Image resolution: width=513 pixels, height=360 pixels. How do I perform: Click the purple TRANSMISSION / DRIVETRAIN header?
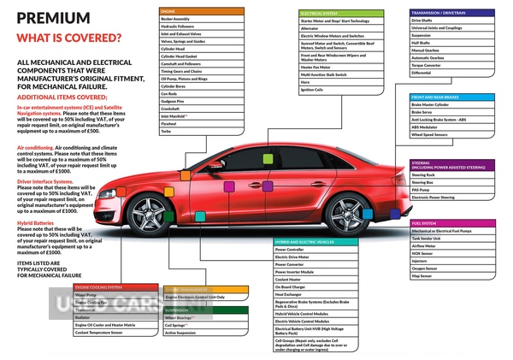pyautogui.click(x=451, y=13)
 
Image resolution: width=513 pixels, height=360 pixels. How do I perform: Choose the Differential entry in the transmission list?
pyautogui.click(x=451, y=73)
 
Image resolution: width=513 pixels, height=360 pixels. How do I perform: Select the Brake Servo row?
pyautogui.click(x=451, y=111)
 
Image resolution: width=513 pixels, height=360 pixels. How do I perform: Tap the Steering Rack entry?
pyautogui.click(x=451, y=174)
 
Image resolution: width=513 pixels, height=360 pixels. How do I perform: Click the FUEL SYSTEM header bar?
pyautogui.click(x=451, y=223)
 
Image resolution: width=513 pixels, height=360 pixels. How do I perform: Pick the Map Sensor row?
pyautogui.click(x=451, y=276)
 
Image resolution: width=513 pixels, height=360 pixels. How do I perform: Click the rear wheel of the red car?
pyautogui.click(x=346, y=214)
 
